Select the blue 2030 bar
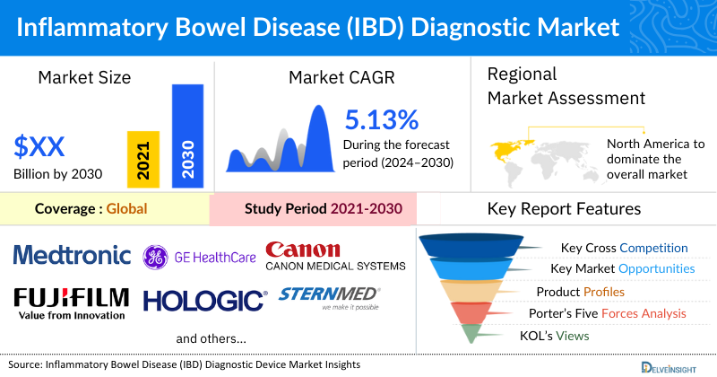[187, 136]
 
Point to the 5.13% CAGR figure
[381, 119]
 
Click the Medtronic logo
[72, 255]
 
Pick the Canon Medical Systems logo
[335, 256]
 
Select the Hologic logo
[204, 300]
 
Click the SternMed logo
[330, 297]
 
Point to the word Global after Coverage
[126, 209]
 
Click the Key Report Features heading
[564, 209]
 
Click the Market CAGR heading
[341, 77]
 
